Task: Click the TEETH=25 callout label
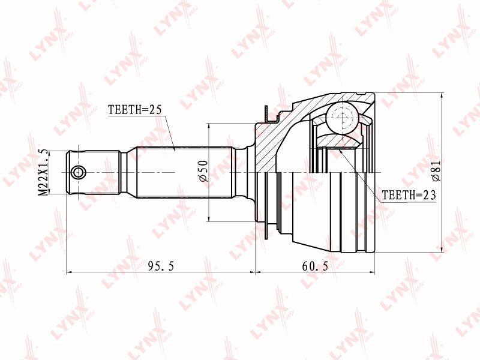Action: (134, 110)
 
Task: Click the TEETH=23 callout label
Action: (409, 195)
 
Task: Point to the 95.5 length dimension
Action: (161, 266)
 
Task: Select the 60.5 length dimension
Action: (315, 266)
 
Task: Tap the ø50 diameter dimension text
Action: (204, 171)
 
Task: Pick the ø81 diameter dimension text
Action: (436, 171)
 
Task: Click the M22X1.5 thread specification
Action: (43, 172)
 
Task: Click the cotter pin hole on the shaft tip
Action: (79, 172)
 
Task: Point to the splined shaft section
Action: (186, 172)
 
